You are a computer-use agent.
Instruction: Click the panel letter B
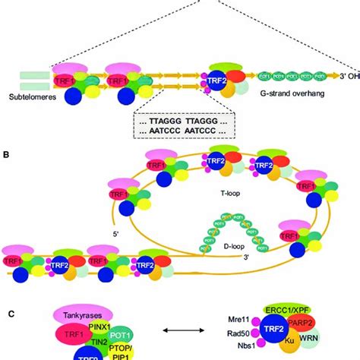(x=7, y=155)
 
